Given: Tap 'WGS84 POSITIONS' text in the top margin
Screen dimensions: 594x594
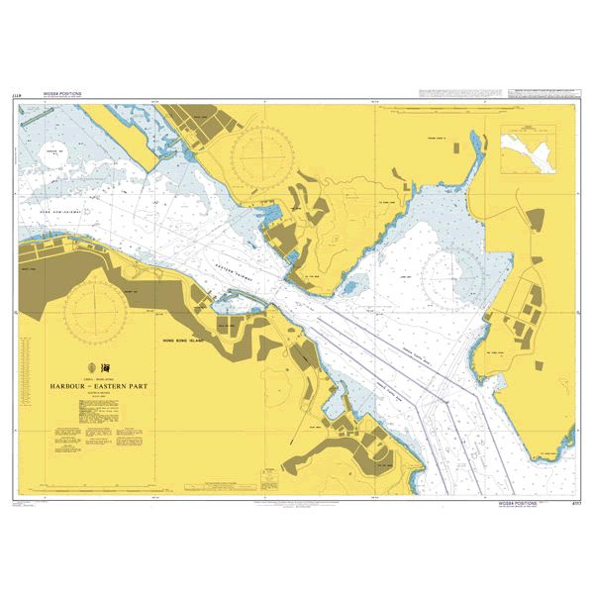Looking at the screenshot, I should pos(62,94).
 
